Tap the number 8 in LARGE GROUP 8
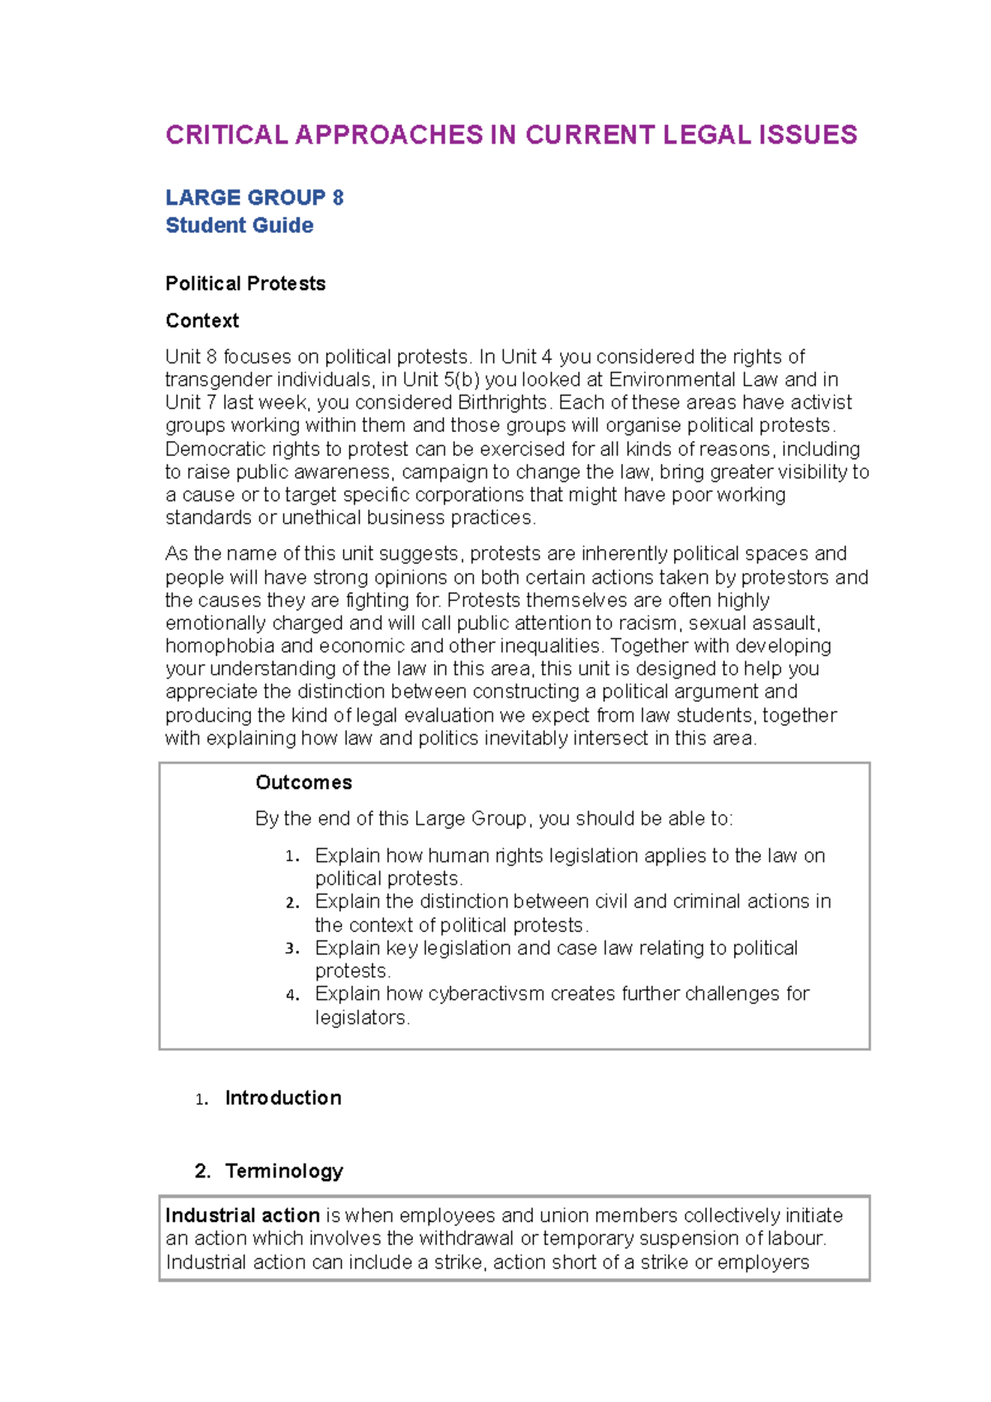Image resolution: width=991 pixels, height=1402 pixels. pyautogui.click(x=338, y=197)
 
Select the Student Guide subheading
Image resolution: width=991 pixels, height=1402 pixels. pyautogui.click(x=239, y=225)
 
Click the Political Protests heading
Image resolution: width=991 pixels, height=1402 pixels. pyautogui.click(x=245, y=283)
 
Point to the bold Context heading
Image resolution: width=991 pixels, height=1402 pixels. pyautogui.click(x=202, y=320)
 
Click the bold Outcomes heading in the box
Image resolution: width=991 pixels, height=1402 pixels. pyautogui.click(x=303, y=782)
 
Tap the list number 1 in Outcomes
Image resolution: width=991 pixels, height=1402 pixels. pyautogui.click(x=291, y=856)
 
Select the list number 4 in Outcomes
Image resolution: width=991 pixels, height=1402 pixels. pyautogui.click(x=291, y=995)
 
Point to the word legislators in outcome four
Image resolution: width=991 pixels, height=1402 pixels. pyautogui.click(x=361, y=1017)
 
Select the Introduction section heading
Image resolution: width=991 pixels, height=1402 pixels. pyautogui.click(x=282, y=1097)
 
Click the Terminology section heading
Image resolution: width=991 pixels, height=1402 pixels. pyautogui.click(x=284, y=1171)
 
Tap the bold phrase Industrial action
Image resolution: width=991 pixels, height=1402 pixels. pyautogui.click(x=242, y=1215)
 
